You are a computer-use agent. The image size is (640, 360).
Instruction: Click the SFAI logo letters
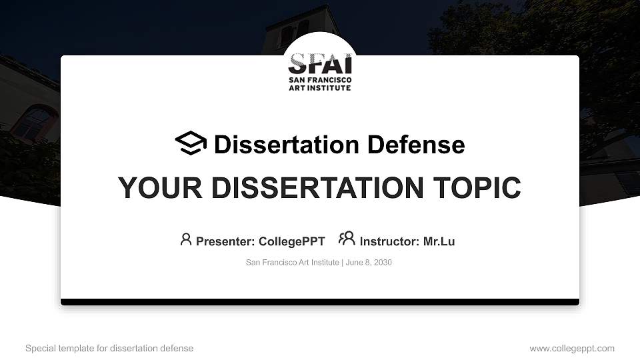[x=320, y=65]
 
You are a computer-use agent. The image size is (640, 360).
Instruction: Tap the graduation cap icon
[x=191, y=143]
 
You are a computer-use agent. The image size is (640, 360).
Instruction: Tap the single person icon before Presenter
[x=186, y=239]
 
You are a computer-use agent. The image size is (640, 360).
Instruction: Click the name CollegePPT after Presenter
[x=292, y=241]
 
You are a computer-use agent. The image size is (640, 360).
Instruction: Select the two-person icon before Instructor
[x=347, y=239]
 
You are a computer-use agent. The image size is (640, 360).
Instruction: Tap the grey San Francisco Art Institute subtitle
[x=292, y=262]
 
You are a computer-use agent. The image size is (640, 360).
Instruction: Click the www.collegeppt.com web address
[x=572, y=348]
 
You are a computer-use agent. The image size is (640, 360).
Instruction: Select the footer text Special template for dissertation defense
[x=109, y=348]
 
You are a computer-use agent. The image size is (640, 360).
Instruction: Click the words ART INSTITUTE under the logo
[x=319, y=88]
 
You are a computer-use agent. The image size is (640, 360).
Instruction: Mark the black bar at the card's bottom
[x=320, y=302]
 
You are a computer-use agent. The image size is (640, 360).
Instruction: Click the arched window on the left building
[x=35, y=123]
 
